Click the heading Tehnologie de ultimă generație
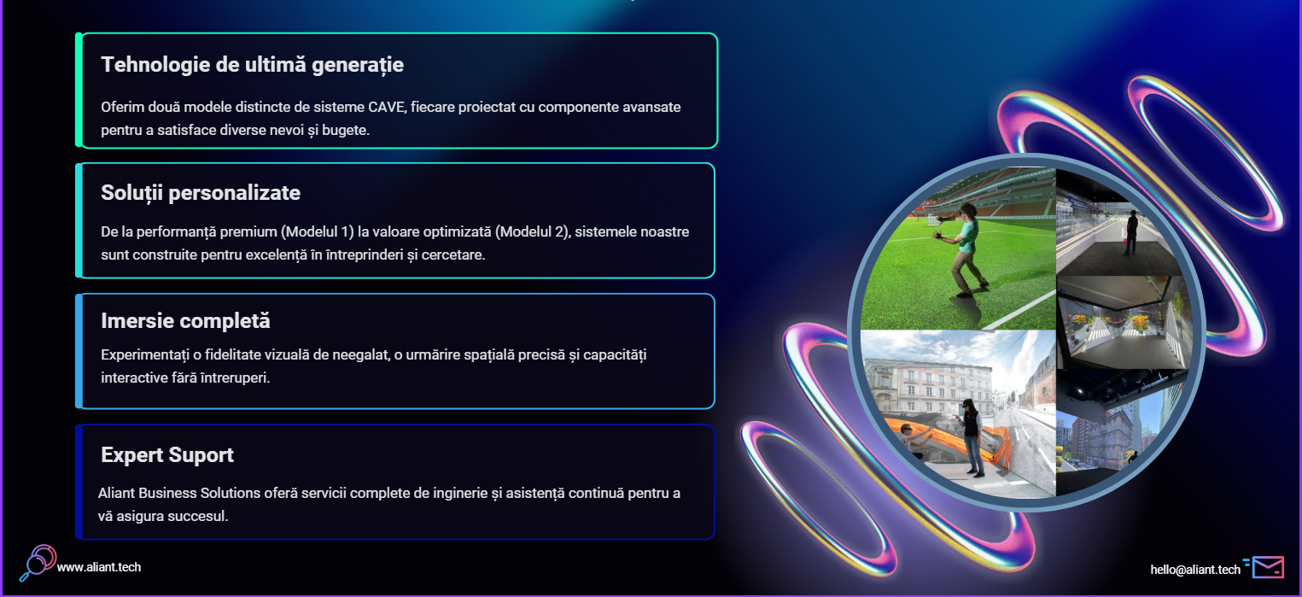tap(252, 65)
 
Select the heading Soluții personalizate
tap(201, 193)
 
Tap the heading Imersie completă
tap(185, 321)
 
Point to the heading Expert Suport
tap(167, 455)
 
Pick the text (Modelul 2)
tap(532, 232)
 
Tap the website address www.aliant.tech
tap(99, 567)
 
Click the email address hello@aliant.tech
tap(1195, 570)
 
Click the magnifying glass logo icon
tap(38, 562)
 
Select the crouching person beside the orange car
tap(914, 441)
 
